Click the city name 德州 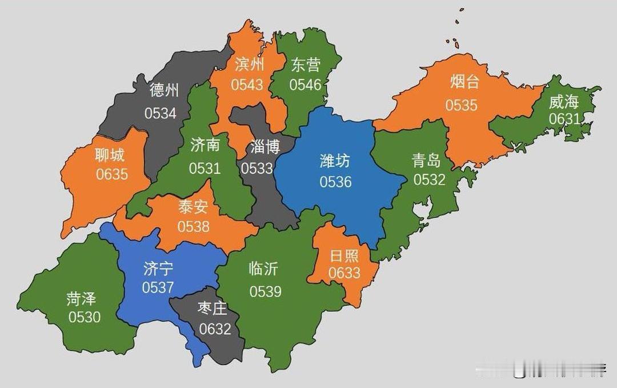coord(164,90)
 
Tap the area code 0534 coord(160,113)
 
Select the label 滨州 coord(249,63)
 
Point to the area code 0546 coord(305,85)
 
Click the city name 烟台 coord(464,82)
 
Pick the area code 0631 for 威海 coord(564,119)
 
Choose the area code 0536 coord(335,182)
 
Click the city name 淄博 coord(265,147)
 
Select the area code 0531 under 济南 coord(205,168)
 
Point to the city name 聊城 coord(110,154)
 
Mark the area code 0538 coord(193,226)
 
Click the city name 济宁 coord(158,268)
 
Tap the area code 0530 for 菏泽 coord(85,317)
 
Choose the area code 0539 coord(265,291)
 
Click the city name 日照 coord(344,255)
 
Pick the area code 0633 coord(344,273)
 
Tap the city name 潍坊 coord(335,161)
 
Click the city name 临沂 coord(263,269)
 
